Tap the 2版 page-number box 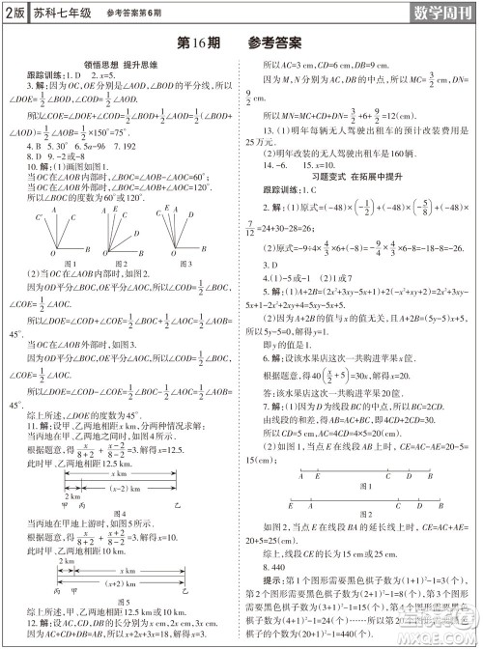[13, 13]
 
